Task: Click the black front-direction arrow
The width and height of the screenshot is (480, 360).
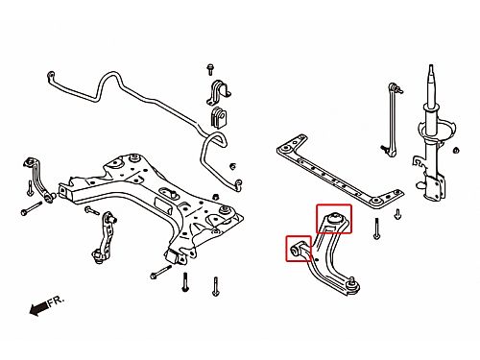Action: tap(39, 308)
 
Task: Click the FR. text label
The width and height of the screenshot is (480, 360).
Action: tap(57, 301)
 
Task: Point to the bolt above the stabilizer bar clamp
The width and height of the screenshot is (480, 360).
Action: tap(210, 69)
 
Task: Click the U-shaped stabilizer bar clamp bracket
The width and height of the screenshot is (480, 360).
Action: tap(219, 92)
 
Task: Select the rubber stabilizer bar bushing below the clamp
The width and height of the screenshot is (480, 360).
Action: tap(218, 117)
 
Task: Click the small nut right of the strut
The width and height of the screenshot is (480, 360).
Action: tap(456, 150)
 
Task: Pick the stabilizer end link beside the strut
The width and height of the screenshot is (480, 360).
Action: tap(393, 119)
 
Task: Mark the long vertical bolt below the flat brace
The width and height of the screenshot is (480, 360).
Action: tap(376, 228)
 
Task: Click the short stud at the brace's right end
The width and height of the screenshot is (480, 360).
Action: tap(397, 214)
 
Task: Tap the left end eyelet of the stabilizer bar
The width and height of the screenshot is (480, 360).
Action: tap(51, 75)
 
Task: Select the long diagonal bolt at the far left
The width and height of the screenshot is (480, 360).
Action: tap(32, 208)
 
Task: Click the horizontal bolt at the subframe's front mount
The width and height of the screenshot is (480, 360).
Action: tap(161, 272)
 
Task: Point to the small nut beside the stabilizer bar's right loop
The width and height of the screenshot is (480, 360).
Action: tap(233, 166)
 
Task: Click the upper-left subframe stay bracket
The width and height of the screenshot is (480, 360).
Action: tap(38, 180)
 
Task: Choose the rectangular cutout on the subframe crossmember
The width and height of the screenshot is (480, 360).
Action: tap(162, 204)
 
